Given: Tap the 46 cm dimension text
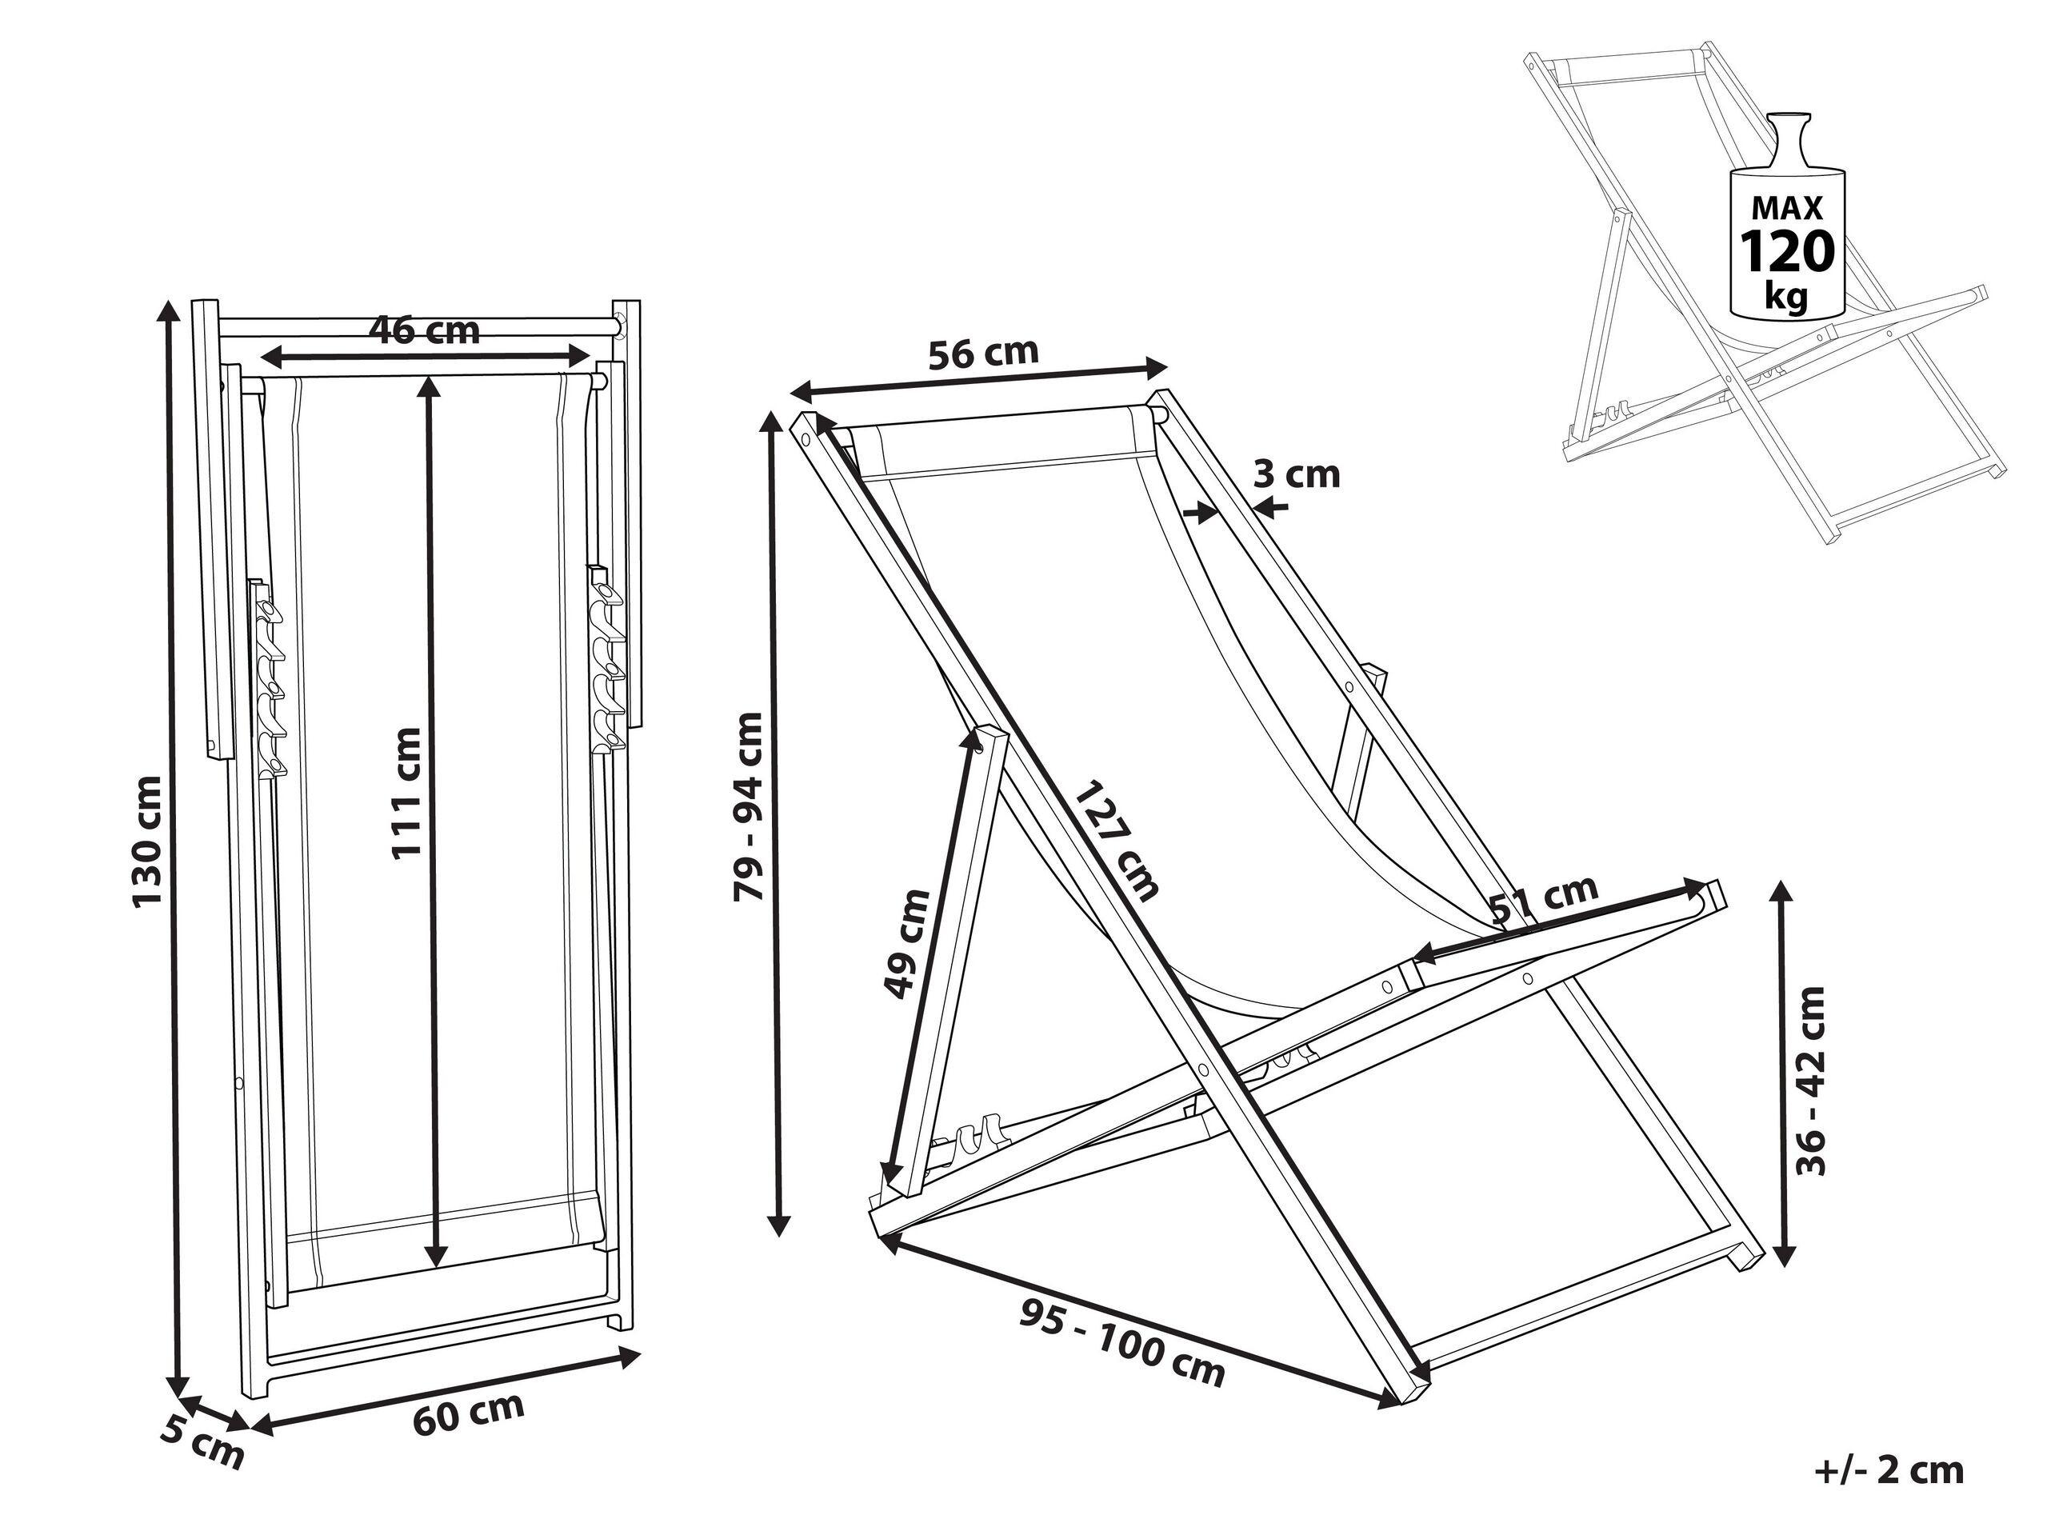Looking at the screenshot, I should coord(425,330).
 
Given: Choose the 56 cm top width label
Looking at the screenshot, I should coord(984,354).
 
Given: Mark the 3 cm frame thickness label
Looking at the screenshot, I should coord(1297,474).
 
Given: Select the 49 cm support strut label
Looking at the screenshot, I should coord(907,944).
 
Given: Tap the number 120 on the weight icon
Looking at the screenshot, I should coord(1787,252).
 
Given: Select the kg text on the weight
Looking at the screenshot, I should coord(1786,297).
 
